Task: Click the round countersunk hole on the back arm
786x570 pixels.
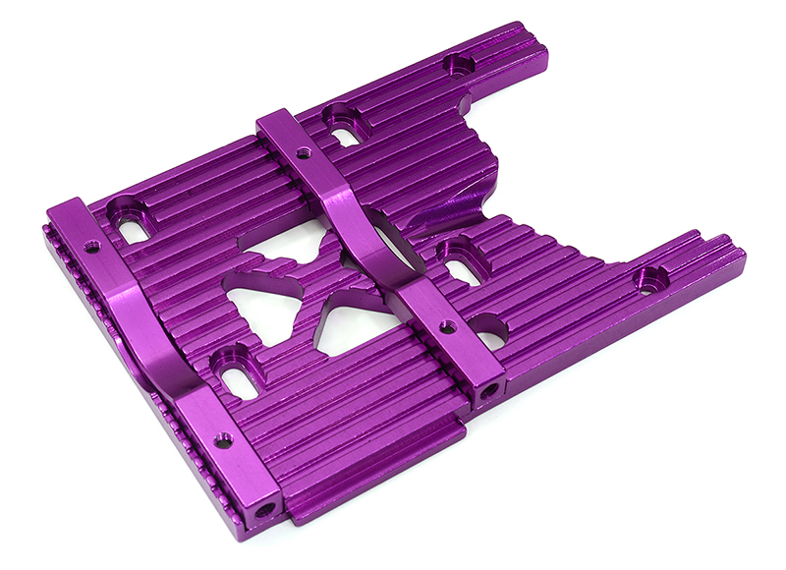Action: (x=458, y=66)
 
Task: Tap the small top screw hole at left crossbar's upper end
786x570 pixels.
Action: (x=91, y=247)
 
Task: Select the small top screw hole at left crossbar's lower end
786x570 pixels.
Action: (x=224, y=439)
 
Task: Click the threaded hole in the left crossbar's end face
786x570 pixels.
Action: (x=264, y=510)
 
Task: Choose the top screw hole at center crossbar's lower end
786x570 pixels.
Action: (x=447, y=326)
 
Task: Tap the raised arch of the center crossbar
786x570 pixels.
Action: (x=368, y=236)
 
